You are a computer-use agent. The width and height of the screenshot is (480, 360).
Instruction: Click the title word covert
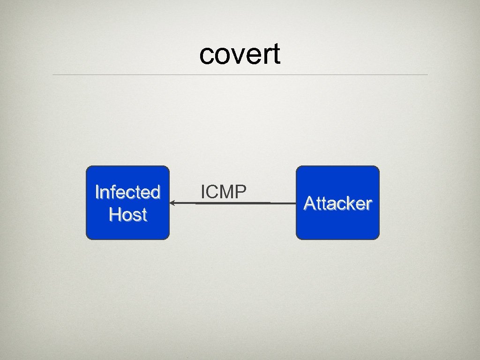(240, 54)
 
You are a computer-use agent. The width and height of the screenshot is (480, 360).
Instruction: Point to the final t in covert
(276, 54)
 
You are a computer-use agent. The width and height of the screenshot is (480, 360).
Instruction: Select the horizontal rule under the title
(240, 75)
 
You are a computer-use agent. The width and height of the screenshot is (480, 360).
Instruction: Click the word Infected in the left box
(127, 192)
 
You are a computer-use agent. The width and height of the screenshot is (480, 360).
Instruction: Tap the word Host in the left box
(127, 215)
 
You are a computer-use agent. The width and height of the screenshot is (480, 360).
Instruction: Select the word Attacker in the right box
(337, 203)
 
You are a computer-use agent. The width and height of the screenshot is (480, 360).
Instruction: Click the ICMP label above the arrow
(223, 192)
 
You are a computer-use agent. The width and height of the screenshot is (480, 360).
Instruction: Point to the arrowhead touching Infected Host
(172, 203)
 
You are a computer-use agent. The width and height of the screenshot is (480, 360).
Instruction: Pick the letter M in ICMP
(226, 192)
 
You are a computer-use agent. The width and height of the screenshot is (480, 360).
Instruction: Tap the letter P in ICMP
(240, 192)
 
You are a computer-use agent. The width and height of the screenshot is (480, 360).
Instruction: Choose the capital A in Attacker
(309, 203)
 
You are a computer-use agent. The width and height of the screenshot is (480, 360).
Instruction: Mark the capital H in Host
(114, 215)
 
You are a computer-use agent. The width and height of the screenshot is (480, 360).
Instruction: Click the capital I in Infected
(97, 192)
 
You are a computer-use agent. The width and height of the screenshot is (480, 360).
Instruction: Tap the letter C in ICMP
(212, 192)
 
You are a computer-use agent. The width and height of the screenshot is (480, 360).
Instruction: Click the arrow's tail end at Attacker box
(294, 203)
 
